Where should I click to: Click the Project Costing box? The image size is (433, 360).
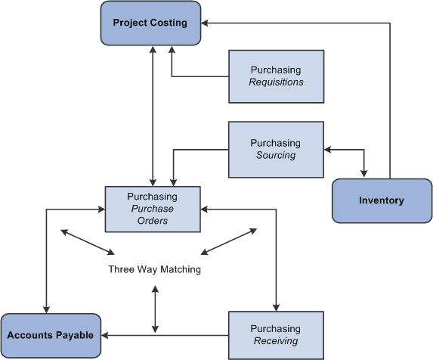click(150, 23)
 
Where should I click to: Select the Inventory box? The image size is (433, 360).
click(382, 200)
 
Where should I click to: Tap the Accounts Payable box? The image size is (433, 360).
click(51, 335)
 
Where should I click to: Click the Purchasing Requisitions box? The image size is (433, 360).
click(276, 76)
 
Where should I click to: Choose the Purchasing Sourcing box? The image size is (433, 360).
click(276, 148)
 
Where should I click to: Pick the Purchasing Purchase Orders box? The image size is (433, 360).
click(153, 209)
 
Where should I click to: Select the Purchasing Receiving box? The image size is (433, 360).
click(276, 335)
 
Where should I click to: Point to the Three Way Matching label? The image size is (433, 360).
click(154, 268)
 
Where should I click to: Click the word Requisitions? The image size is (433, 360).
click(276, 82)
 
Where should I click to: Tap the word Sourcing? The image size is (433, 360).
click(276, 155)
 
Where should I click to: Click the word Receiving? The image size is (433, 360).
click(276, 341)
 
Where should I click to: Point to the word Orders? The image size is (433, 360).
click(153, 221)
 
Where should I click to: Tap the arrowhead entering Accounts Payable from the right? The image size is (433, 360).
click(106, 335)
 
